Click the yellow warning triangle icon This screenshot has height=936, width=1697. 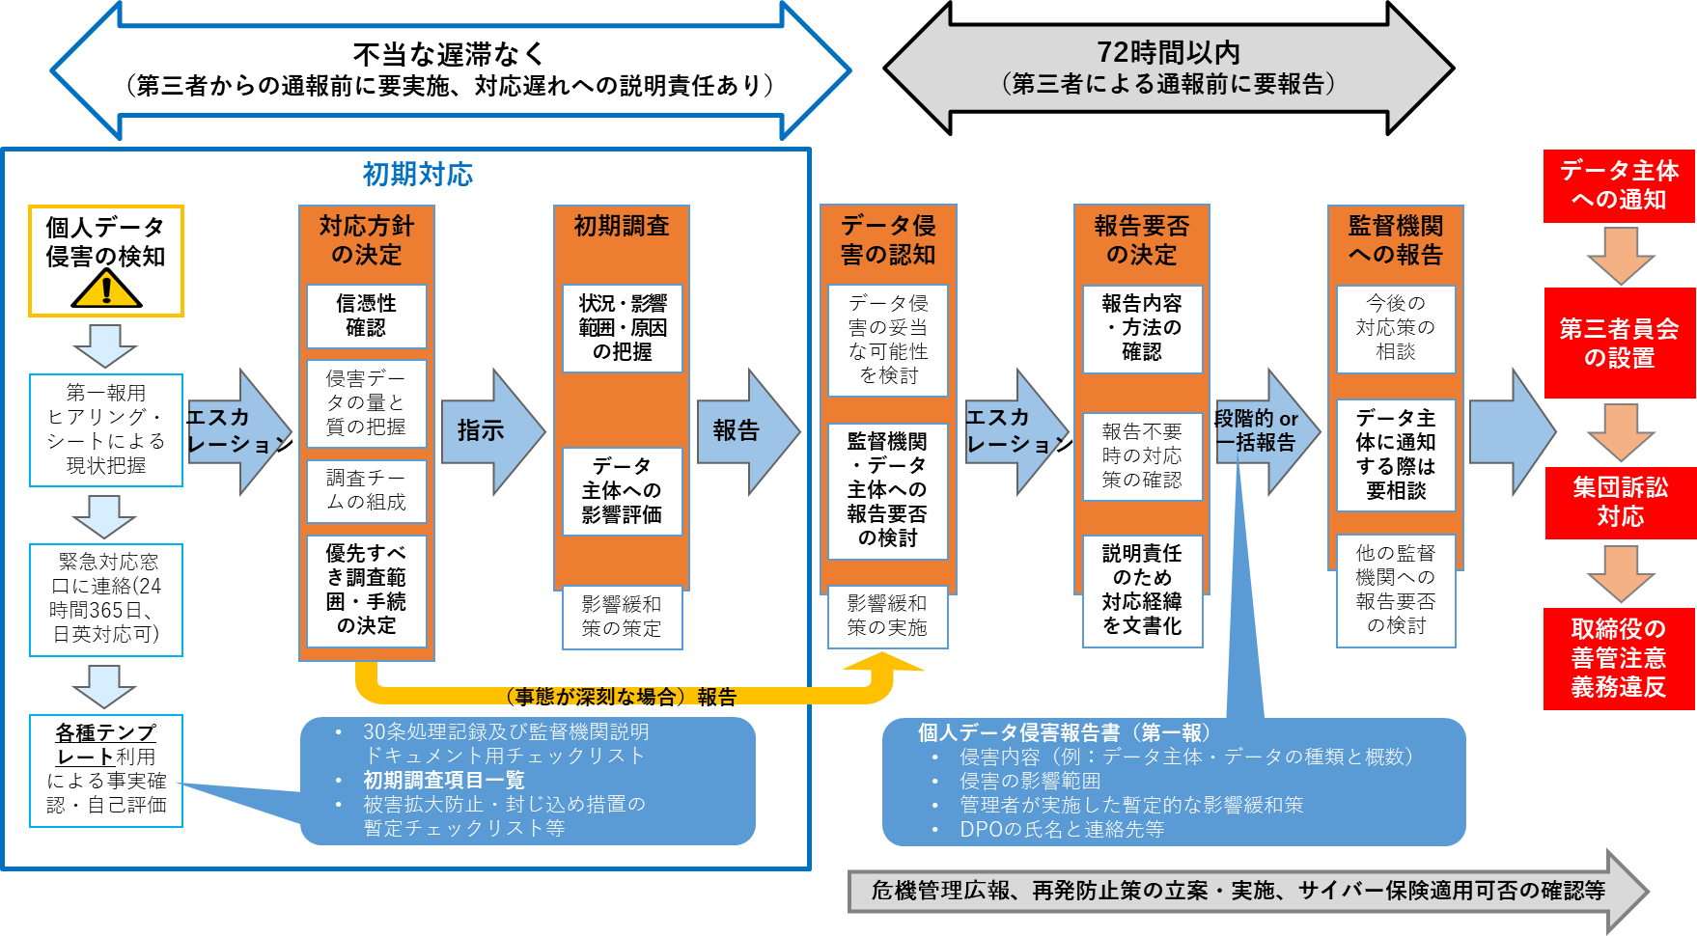106,289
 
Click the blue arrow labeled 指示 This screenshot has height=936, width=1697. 487,430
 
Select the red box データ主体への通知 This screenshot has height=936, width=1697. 1619,185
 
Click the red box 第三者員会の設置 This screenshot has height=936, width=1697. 1619,343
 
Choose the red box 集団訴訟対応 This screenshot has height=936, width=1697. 1620,502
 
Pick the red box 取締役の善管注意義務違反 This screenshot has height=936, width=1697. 1619,658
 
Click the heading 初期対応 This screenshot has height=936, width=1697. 417,175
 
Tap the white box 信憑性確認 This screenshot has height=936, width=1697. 366,316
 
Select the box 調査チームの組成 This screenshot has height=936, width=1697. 366,489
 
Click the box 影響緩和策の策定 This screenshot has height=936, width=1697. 622,616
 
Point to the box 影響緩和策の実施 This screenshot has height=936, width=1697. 887,616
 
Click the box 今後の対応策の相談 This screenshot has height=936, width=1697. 1395,328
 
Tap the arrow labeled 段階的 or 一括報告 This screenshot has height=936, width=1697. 1260,431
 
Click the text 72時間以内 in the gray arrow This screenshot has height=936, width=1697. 1168,53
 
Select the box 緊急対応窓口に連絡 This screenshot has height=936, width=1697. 106,598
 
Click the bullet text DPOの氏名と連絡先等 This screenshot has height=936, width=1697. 1062,829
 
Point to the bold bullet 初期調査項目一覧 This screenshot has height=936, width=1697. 443,780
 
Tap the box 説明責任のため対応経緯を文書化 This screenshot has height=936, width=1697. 1142,590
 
